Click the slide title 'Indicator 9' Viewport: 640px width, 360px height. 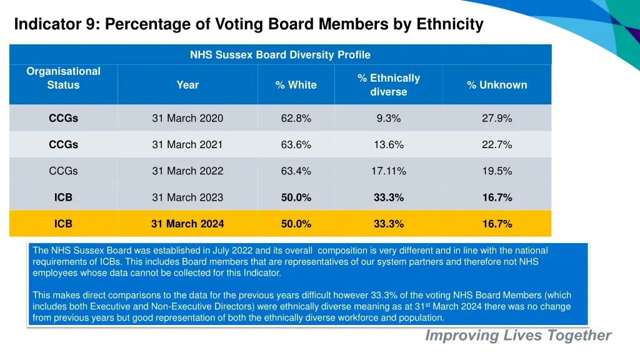tap(248, 24)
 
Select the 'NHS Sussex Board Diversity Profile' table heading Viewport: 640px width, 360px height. tap(280, 55)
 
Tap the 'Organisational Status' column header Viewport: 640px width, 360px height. tap(63, 78)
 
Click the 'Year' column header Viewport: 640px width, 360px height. tap(187, 85)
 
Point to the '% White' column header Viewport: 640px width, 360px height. tap(296, 85)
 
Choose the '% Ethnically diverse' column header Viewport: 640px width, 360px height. tap(388, 85)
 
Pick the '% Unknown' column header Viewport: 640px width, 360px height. tap(497, 85)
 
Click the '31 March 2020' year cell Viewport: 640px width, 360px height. tap(187, 118)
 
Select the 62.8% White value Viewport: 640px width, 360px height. tap(296, 118)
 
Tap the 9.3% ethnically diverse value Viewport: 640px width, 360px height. tap(388, 118)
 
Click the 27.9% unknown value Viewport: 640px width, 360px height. tap(497, 118)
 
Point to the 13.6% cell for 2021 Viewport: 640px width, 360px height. tap(388, 144)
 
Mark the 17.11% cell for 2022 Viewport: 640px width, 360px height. tap(388, 171)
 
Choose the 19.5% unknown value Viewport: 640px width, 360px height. tap(497, 171)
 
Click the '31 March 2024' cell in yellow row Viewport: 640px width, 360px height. tap(187, 224)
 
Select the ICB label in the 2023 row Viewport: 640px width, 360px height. tap(63, 197)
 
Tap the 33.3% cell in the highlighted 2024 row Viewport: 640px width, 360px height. tap(388, 224)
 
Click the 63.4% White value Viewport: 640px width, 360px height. tap(296, 171)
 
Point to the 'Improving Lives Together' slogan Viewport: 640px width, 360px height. tap(518, 336)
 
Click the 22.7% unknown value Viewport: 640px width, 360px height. tap(497, 144)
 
